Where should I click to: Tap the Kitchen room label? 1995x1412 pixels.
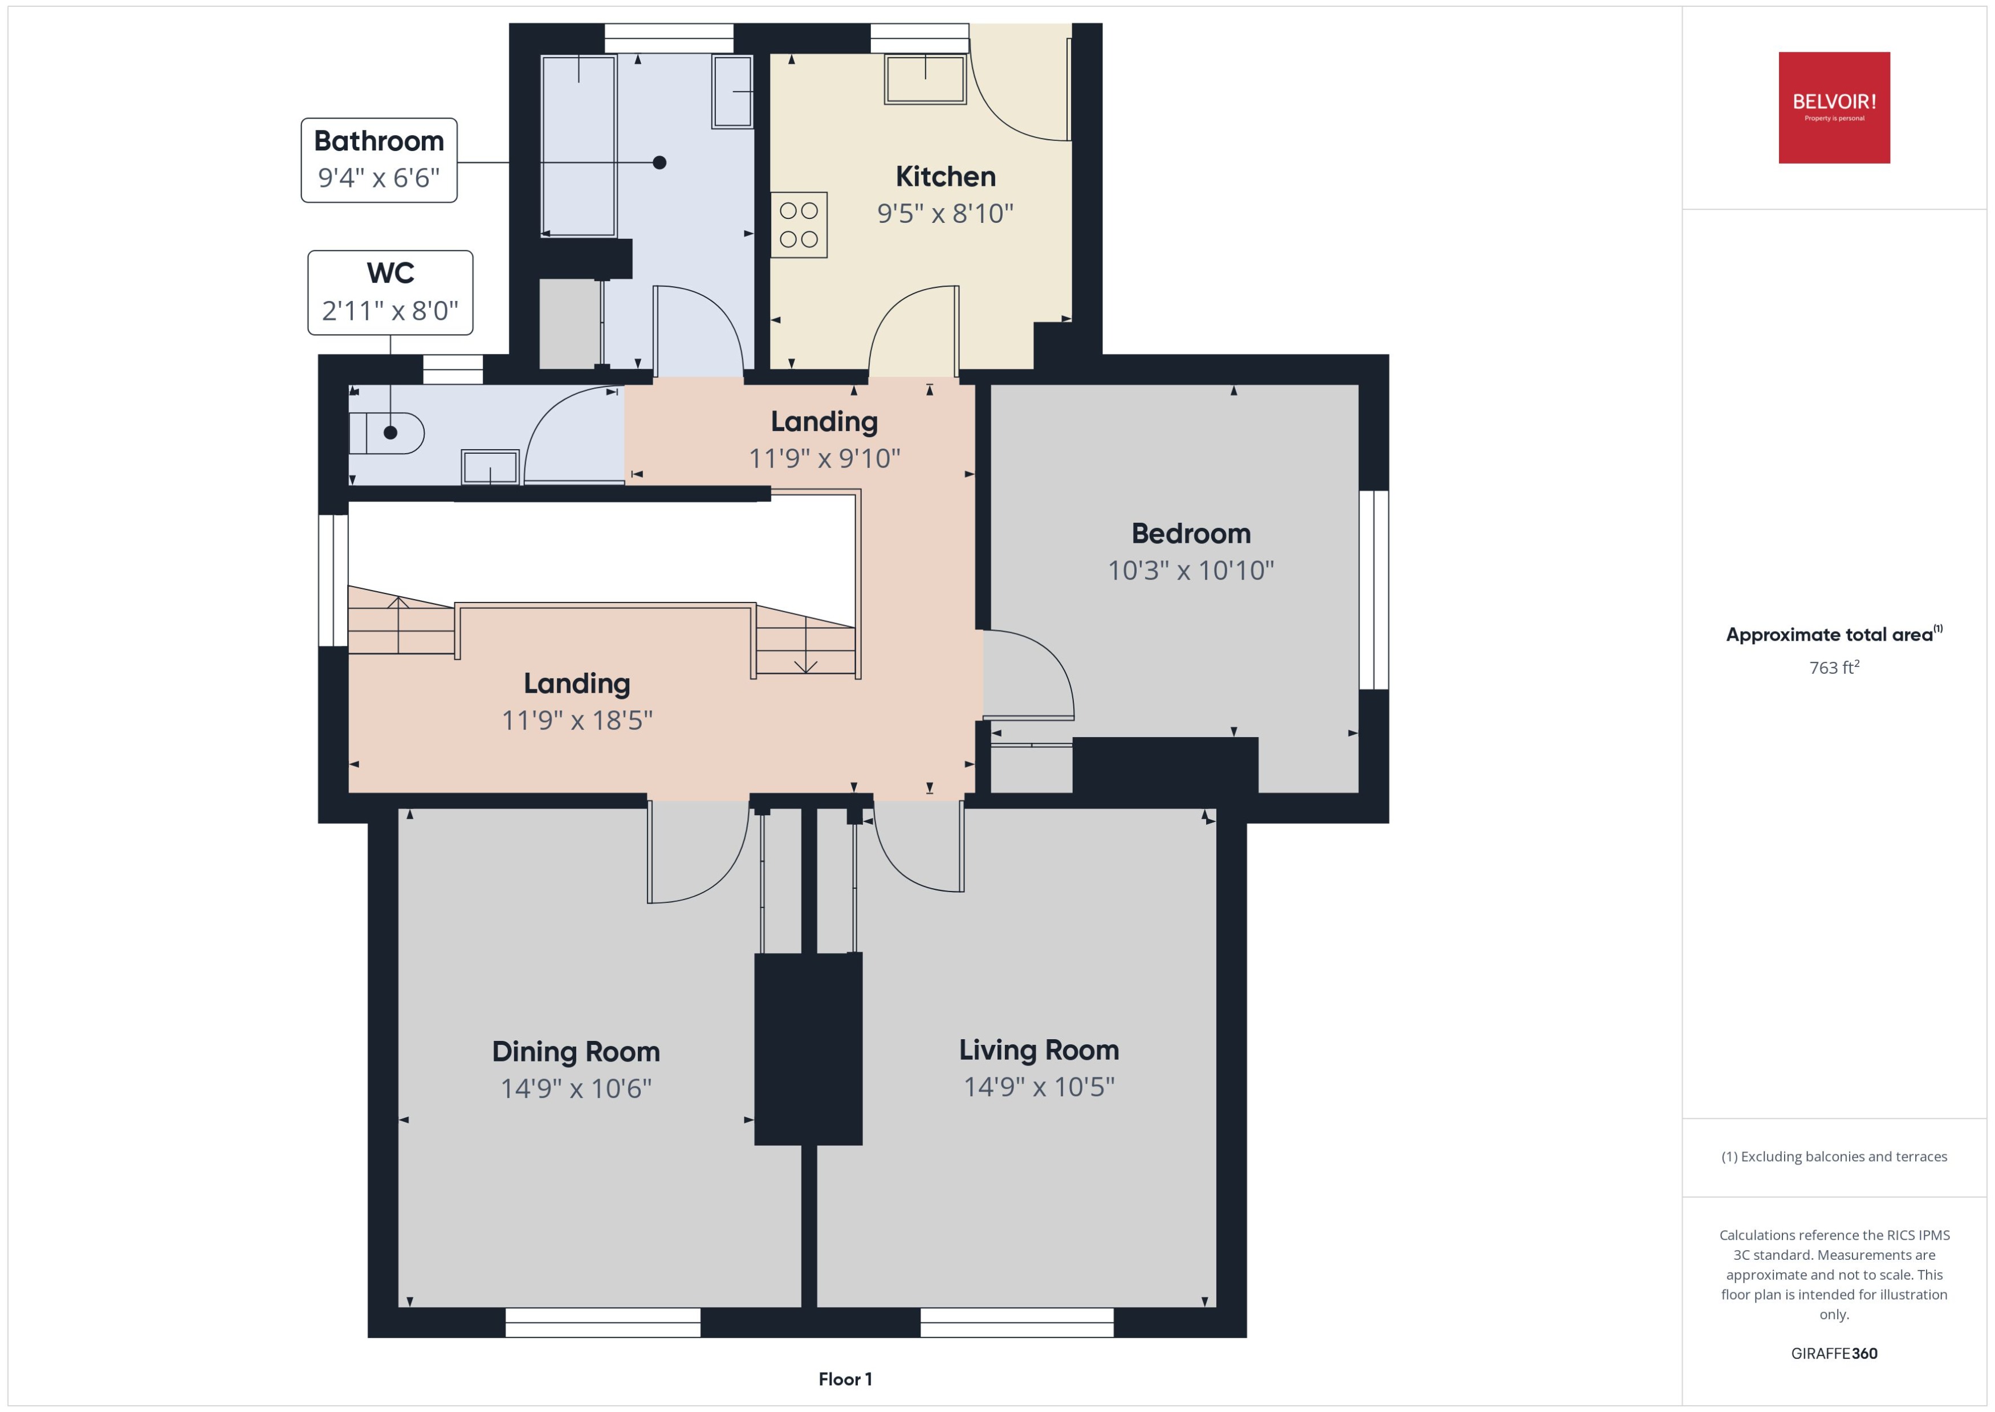945,177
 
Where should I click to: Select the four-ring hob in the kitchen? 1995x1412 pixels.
798,225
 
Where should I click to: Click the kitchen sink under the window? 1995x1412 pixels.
925,79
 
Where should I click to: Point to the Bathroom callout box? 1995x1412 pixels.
379,160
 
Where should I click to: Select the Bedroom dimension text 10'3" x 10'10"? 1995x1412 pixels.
1190,571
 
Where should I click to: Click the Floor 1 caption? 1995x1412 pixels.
844,1379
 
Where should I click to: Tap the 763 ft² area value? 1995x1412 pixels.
1833,668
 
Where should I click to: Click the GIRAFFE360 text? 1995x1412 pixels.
1833,1354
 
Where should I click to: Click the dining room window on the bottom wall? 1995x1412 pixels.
602,1323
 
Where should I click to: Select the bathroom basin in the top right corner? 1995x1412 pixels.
732,91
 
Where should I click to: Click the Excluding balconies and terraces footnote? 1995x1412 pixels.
1833,1157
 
